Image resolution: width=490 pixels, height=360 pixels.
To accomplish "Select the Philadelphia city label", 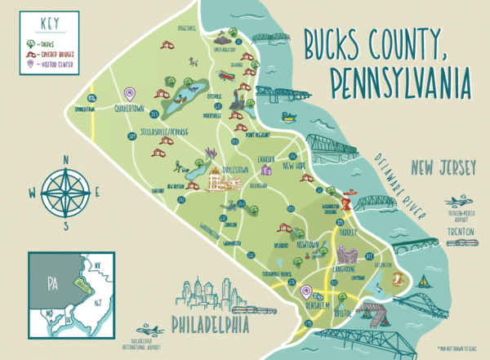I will [x=209, y=327].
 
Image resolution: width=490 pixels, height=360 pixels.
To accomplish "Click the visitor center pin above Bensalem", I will [x=307, y=290].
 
